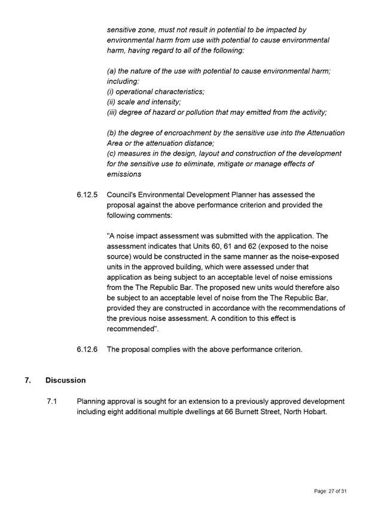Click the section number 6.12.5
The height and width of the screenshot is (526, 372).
click(87, 195)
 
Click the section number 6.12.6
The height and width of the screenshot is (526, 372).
click(87, 349)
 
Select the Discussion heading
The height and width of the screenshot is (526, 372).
click(65, 380)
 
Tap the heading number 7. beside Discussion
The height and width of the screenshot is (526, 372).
click(28, 380)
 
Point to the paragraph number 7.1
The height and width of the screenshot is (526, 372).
click(51, 402)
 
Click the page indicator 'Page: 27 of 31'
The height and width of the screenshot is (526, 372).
click(331, 491)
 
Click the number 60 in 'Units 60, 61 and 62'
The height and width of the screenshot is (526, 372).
click(229, 246)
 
